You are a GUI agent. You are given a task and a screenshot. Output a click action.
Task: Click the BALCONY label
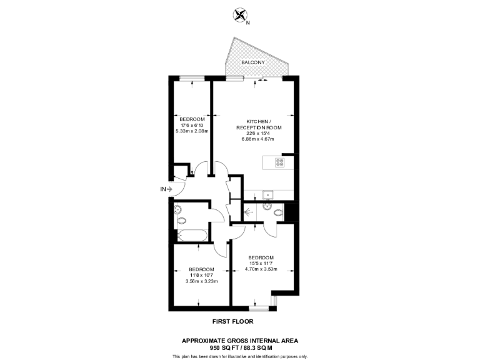point(253,63)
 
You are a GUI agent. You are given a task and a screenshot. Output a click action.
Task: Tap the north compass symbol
point(239,14)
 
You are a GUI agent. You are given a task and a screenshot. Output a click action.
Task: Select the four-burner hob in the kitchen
point(280,164)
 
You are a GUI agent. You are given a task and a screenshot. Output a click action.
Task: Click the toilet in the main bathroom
point(182,221)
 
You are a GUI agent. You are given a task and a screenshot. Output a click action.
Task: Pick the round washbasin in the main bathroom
point(178,209)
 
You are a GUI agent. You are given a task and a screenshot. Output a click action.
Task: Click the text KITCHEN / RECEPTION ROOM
point(258,124)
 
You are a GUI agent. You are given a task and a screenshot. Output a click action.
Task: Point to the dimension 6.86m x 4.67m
point(258,139)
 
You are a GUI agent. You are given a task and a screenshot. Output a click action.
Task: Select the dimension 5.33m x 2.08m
point(192,131)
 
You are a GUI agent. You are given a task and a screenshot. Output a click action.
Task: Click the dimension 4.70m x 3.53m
point(261,269)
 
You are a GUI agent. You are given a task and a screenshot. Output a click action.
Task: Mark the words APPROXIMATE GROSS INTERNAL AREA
point(240,340)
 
